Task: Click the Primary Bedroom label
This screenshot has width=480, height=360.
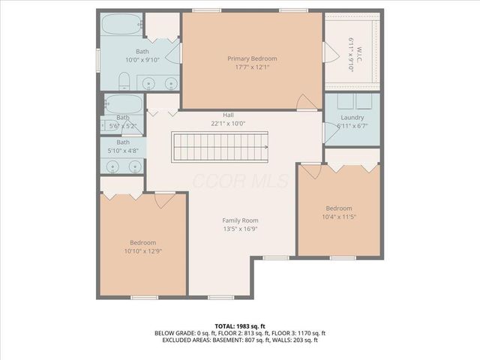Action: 252,58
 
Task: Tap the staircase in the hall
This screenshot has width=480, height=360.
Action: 220,145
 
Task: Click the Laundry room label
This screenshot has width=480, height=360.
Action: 352,118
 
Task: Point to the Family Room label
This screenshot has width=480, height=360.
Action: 239,220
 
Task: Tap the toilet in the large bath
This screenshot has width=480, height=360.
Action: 125,81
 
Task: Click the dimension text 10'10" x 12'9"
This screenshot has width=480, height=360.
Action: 142,251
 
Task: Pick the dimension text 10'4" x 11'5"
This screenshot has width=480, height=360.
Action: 340,217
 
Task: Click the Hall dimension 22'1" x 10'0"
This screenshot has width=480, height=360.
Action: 228,124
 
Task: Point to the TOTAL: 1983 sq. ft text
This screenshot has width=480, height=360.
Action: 239,326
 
